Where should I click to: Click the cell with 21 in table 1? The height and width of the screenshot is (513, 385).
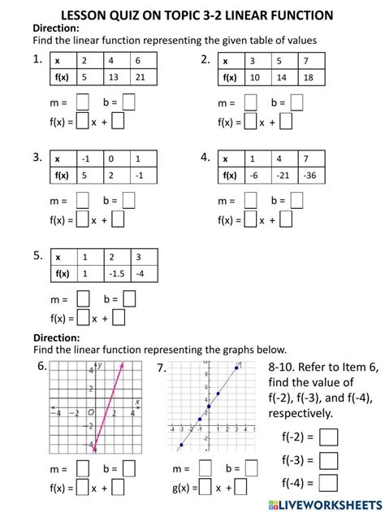[141, 77]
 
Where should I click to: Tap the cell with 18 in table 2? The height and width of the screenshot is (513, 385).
[309, 77]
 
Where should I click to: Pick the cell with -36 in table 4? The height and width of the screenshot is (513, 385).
[309, 175]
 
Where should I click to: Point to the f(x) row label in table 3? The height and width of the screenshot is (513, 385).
[62, 175]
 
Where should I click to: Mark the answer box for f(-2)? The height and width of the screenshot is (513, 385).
[329, 438]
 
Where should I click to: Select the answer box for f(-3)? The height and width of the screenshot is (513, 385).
[329, 461]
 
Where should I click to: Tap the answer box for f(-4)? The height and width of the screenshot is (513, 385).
[329, 483]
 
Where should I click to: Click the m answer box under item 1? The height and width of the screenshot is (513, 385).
[82, 102]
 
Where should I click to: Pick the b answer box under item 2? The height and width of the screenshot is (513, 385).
[297, 102]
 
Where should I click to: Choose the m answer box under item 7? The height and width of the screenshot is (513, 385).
[205, 470]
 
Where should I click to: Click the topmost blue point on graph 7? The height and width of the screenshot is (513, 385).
[237, 368]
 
